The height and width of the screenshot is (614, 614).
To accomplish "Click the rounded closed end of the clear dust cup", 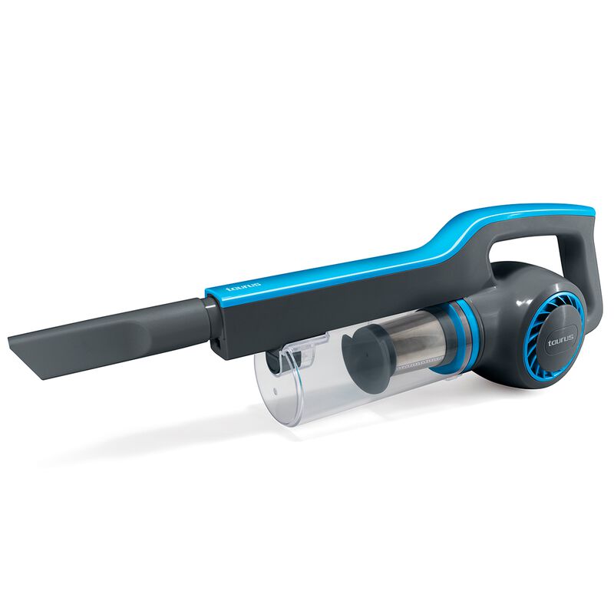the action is tap(274, 388).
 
